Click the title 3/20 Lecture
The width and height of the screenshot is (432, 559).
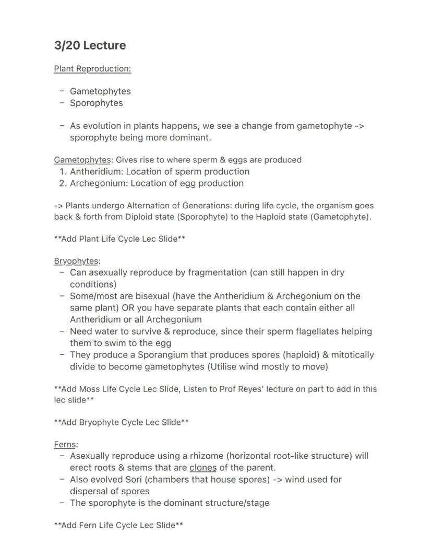90,45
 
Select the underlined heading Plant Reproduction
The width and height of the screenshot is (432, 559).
92,69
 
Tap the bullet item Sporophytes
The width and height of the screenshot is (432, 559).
97,103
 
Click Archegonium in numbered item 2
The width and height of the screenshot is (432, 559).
99,183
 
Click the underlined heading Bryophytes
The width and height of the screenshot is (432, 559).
77,261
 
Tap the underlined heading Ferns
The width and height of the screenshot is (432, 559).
66,445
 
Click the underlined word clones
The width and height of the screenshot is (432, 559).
203,468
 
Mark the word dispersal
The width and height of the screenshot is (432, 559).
92,491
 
